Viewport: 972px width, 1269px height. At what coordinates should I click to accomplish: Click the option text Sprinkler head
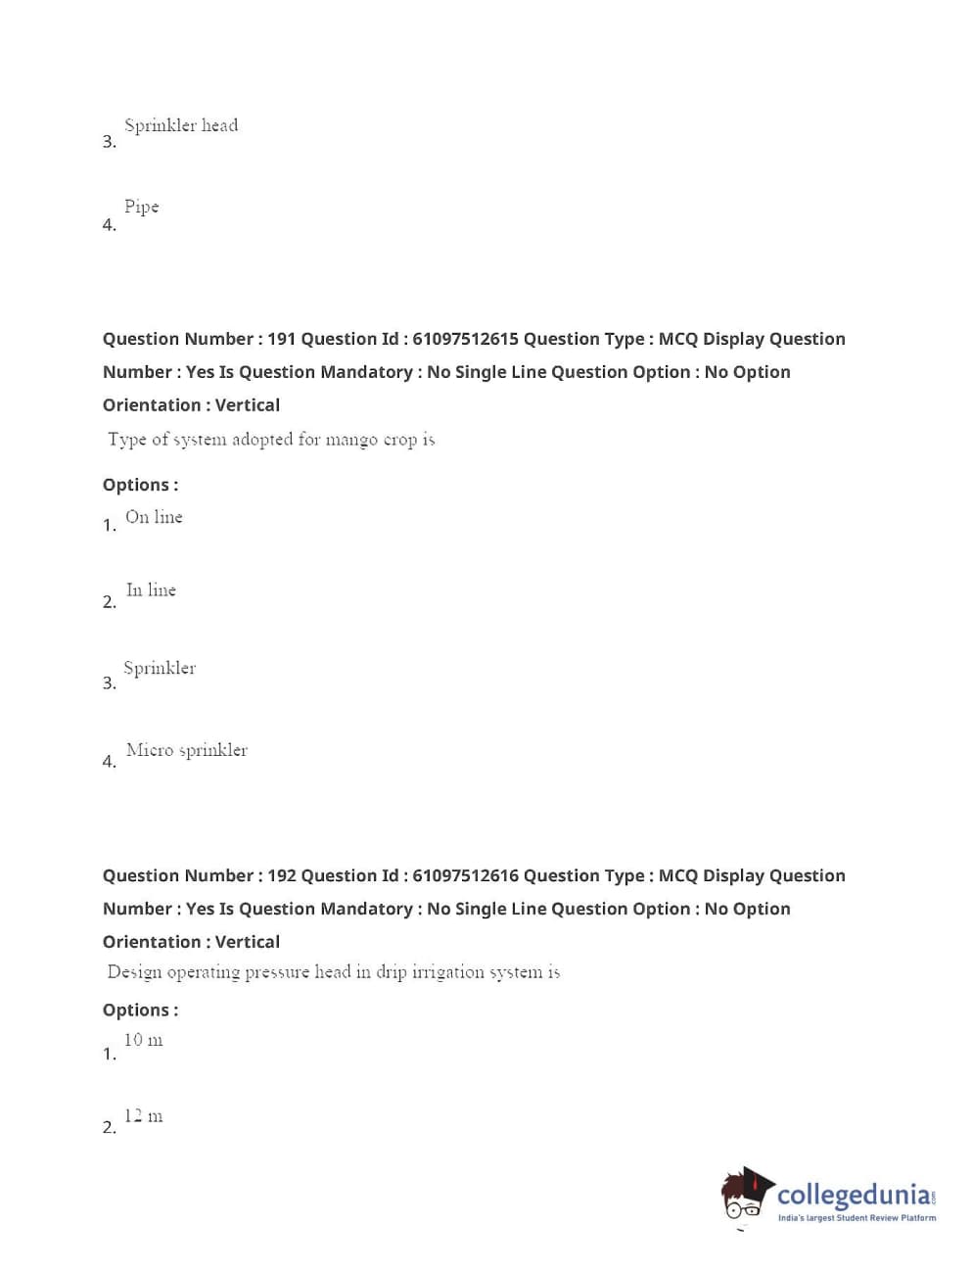click(181, 125)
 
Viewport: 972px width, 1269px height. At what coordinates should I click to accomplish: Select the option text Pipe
click(141, 207)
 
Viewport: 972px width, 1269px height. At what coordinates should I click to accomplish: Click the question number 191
click(281, 339)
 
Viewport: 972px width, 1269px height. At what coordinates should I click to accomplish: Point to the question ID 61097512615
click(465, 339)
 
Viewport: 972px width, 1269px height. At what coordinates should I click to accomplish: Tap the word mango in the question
click(351, 440)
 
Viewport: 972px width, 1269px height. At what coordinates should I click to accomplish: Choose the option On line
click(154, 517)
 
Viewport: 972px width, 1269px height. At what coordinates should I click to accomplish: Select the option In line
click(151, 590)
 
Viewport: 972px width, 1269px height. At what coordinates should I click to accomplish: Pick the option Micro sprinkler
click(187, 750)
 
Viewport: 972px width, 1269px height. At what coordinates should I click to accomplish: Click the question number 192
click(281, 875)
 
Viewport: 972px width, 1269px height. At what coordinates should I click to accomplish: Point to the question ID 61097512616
click(465, 875)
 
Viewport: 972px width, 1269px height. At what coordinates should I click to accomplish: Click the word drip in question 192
click(391, 972)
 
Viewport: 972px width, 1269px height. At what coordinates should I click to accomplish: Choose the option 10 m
click(143, 1040)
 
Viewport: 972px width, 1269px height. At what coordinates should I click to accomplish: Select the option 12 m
click(143, 1116)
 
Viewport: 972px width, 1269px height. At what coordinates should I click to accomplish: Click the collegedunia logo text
click(853, 1195)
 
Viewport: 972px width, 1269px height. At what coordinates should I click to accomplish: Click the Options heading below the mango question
click(140, 485)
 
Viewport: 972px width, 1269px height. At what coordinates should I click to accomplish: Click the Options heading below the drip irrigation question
click(140, 1010)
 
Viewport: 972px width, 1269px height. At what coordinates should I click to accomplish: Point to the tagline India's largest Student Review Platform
click(856, 1218)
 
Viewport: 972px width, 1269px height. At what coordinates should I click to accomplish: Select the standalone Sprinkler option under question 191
click(160, 669)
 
